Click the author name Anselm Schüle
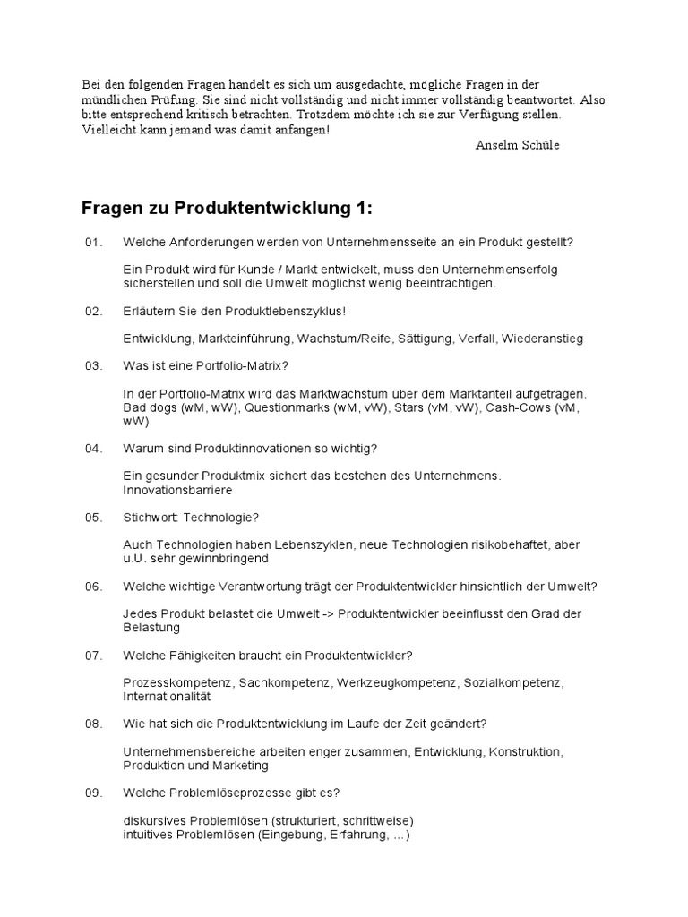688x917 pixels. click(x=517, y=145)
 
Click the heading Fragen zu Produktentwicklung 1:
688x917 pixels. click(x=226, y=209)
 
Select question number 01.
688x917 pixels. click(x=94, y=243)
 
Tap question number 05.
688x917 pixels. click(x=94, y=518)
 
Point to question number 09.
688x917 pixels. click(x=94, y=793)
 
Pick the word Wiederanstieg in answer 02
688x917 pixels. click(x=542, y=339)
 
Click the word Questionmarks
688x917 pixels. click(x=287, y=407)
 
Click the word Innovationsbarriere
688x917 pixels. click(x=177, y=490)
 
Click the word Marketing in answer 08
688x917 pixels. click(x=240, y=766)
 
